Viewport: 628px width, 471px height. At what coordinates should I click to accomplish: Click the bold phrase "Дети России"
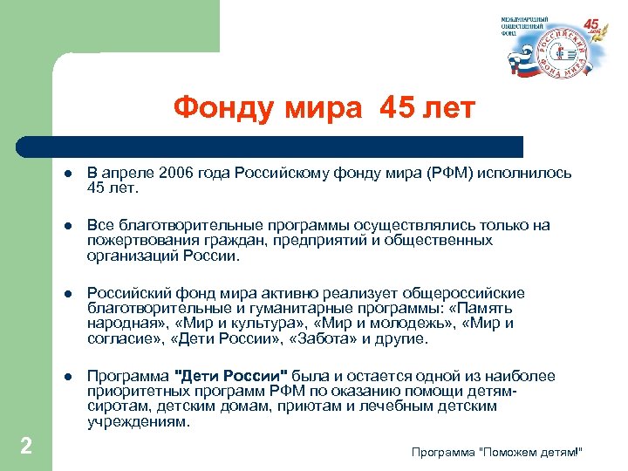coord(232,377)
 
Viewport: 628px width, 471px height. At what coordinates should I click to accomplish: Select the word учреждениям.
coord(138,421)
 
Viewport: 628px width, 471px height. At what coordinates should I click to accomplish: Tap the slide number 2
coord(26,447)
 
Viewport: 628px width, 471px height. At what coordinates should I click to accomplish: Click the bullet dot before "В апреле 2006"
coord(66,173)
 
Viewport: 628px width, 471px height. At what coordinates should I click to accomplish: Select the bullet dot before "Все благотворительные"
coord(66,226)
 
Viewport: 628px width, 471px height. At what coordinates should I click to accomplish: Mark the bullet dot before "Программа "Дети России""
coord(66,377)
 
